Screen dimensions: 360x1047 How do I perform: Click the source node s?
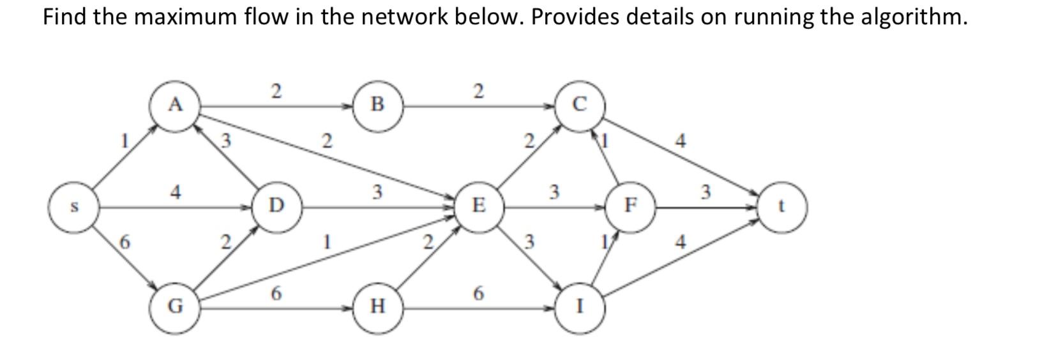tap(73, 207)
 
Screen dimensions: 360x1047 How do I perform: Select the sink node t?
tap(783, 207)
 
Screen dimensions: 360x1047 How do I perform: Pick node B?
tap(377, 104)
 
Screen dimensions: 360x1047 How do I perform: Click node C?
tap(579, 105)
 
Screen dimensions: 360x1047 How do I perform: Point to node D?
tap(276, 206)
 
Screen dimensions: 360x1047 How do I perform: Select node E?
tap(478, 206)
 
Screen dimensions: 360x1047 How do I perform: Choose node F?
tap(630, 206)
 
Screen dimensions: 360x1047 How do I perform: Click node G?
tap(174, 307)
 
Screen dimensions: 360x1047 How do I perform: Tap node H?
tap(377, 307)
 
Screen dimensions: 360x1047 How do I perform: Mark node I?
tap(580, 307)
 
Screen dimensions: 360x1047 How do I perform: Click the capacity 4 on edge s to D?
tap(175, 191)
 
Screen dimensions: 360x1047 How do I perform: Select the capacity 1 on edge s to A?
tap(126, 139)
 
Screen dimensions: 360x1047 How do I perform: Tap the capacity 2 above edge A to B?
tap(276, 91)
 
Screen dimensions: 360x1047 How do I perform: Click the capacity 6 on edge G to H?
tap(276, 294)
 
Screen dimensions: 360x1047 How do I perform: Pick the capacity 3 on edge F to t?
tap(705, 191)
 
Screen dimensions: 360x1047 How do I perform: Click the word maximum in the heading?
tap(185, 17)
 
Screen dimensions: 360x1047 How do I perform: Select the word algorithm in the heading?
tap(914, 17)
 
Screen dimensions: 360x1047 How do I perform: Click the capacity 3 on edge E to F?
tap(554, 191)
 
